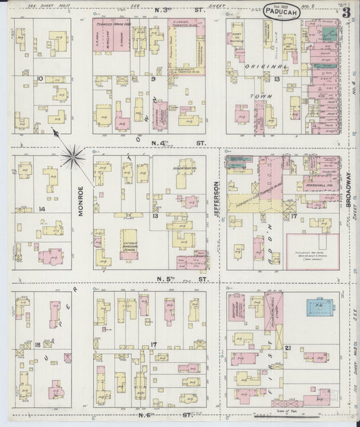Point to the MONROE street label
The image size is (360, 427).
point(80,201)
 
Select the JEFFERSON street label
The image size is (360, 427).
point(217,199)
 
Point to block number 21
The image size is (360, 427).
point(288,347)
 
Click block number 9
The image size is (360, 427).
point(153,79)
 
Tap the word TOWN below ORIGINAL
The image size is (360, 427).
point(263,97)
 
